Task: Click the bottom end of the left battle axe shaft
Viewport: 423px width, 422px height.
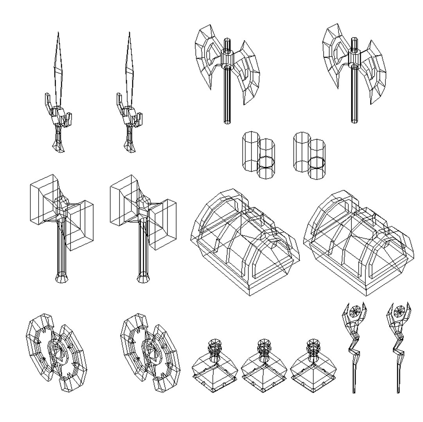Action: click(226, 122)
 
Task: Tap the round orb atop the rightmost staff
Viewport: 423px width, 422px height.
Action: click(400, 311)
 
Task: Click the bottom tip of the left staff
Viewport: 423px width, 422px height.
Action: click(355, 391)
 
